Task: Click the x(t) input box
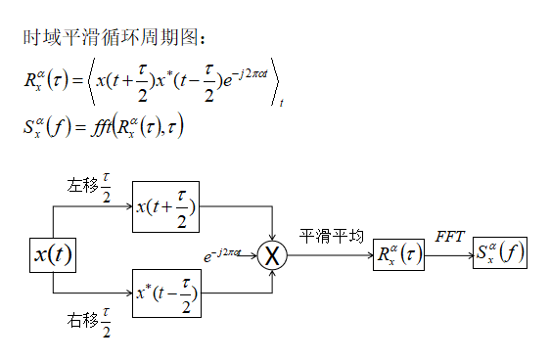click(x=52, y=255)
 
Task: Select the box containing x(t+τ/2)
click(x=166, y=207)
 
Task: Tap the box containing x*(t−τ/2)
click(x=166, y=292)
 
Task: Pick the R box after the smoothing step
click(x=398, y=256)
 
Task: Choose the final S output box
click(x=499, y=256)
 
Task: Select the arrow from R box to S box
click(x=449, y=256)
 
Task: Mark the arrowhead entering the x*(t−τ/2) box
click(x=127, y=292)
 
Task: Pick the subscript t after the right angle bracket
click(x=281, y=102)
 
